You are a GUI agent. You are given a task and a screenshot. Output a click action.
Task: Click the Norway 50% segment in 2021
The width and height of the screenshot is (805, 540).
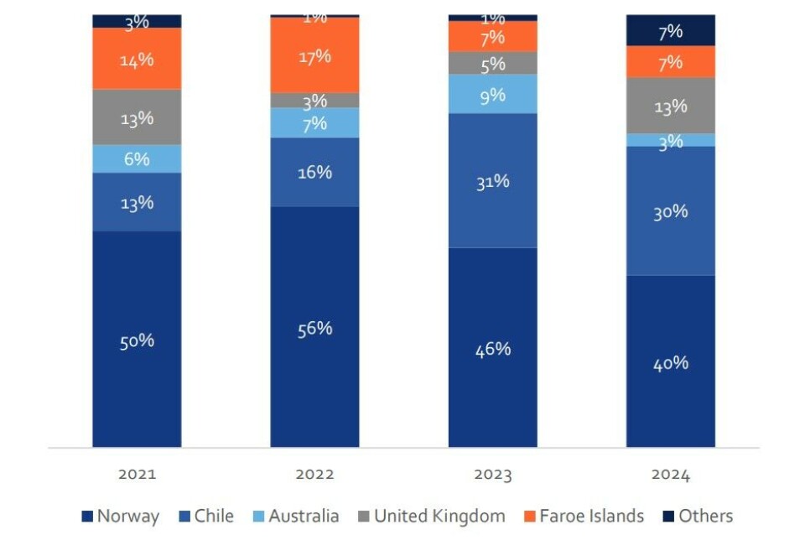point(137,339)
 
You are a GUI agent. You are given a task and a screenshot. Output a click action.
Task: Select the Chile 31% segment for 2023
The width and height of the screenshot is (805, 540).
point(492,180)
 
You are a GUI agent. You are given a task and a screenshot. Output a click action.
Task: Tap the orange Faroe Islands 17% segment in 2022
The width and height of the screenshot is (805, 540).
point(314,55)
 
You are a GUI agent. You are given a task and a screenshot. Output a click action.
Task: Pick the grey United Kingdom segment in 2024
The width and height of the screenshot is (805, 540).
point(670,106)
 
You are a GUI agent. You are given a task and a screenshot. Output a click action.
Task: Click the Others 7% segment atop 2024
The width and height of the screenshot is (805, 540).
point(670,31)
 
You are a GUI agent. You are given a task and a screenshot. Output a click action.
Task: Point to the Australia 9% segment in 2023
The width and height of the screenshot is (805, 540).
point(492,94)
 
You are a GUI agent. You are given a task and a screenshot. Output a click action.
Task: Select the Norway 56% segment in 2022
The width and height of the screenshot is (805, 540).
point(314,327)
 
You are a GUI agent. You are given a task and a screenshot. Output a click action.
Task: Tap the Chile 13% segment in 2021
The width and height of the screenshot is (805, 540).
point(137,202)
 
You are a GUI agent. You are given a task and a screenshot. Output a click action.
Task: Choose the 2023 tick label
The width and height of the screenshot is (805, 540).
point(492,475)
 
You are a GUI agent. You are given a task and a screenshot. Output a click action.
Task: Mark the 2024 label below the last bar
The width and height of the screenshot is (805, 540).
point(670,475)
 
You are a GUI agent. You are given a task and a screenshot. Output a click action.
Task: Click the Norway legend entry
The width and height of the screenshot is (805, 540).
point(120,517)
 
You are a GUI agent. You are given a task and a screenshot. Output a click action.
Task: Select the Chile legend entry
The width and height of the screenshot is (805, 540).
point(205,517)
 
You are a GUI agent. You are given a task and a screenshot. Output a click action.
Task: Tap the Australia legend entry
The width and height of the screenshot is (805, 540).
point(295,517)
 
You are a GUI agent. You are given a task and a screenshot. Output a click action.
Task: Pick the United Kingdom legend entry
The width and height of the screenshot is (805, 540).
point(430,517)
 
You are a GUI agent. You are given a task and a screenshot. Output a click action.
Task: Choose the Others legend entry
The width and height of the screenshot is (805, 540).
point(697,517)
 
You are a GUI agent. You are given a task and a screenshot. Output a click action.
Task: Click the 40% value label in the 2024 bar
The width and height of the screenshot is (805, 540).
point(670,363)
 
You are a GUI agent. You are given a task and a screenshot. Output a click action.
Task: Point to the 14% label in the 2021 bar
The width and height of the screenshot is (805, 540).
point(137,60)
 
